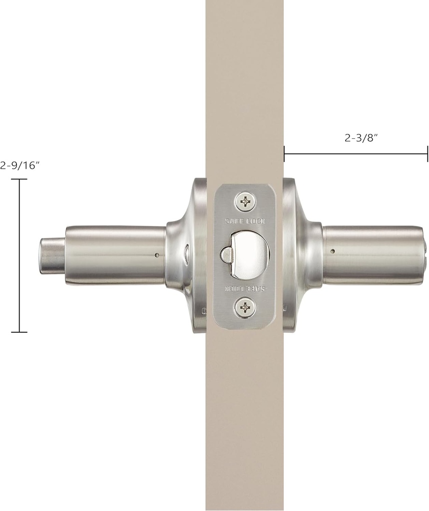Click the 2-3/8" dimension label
click(360, 139)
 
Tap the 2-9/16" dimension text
click(20, 166)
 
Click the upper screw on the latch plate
click(245, 202)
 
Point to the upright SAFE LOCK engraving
click(245, 221)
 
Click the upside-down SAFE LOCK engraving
click(245, 289)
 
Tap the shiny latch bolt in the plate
click(247, 254)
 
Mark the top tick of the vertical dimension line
click(19, 179)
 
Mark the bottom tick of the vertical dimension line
click(19, 332)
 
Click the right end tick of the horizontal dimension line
click(428, 154)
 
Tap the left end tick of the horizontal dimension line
click(284, 154)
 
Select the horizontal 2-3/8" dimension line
click(356, 154)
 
